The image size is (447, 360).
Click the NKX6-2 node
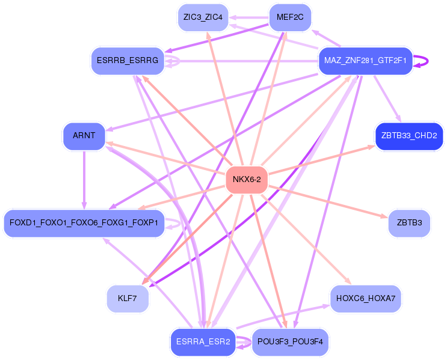pyautogui.click(x=247, y=180)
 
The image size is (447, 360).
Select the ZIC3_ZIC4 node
pyautogui.click(x=203, y=17)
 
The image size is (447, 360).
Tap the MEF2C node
pyautogui.click(x=290, y=17)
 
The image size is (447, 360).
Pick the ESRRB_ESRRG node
pyautogui.click(x=128, y=61)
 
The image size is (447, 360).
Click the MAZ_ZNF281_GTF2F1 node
pyautogui.click(x=365, y=61)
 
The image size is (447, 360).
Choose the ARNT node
pyautogui.click(x=84, y=136)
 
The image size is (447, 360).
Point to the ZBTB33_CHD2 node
pyautogui.click(x=409, y=136)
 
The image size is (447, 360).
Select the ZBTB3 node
pyautogui.click(x=409, y=223)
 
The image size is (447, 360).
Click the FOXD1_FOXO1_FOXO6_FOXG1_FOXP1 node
pyautogui.click(x=84, y=223)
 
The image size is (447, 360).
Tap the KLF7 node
pyautogui.click(x=128, y=299)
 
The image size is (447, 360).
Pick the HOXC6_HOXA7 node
pyautogui.click(x=365, y=299)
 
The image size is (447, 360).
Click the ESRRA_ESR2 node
pyautogui.click(x=203, y=342)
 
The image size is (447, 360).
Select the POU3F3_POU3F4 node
pyautogui.click(x=290, y=342)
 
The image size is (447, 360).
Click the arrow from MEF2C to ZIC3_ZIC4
pyautogui.click(x=249, y=17)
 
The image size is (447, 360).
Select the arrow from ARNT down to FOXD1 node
pyautogui.click(x=84, y=180)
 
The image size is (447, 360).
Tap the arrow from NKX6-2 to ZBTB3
pyautogui.click(x=328, y=202)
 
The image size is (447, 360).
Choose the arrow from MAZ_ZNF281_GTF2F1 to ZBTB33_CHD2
pyautogui.click(x=387, y=99)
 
